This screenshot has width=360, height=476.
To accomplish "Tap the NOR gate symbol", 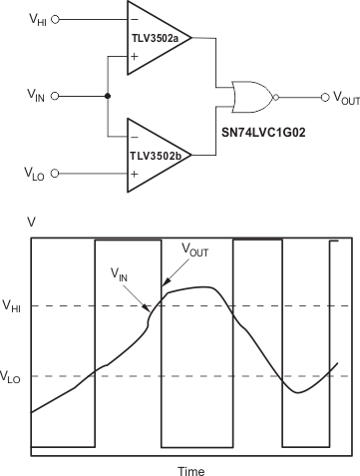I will coord(250,97).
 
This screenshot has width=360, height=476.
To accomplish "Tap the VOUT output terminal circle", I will coord(324,97).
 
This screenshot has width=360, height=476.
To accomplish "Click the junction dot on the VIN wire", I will coord(107,97).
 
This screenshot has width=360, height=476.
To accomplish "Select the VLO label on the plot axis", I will coord(15,376).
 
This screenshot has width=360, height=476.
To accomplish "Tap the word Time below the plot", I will coord(190,468).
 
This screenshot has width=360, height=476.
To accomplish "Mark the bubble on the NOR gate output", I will coord(276,97).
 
